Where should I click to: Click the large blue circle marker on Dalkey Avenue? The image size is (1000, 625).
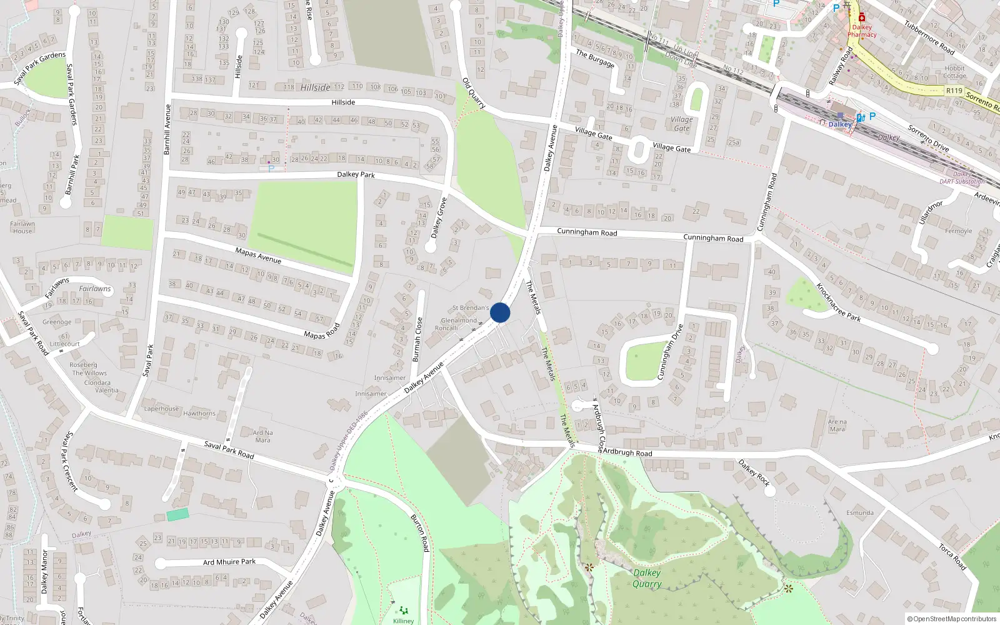(x=500, y=312)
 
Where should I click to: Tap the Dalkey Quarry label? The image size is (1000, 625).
(x=647, y=578)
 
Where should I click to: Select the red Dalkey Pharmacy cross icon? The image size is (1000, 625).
(x=862, y=17)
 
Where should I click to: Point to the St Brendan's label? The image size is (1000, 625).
(x=471, y=308)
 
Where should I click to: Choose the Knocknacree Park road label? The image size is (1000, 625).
(x=838, y=302)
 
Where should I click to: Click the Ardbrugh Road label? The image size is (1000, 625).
(x=627, y=452)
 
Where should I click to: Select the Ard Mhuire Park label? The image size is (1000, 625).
(x=229, y=562)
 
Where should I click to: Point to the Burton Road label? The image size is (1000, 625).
(x=420, y=533)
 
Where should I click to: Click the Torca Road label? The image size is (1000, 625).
(x=952, y=557)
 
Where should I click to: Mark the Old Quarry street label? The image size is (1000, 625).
(x=474, y=93)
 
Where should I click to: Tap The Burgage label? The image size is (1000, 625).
(x=595, y=58)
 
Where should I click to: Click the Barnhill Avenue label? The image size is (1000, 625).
(x=167, y=130)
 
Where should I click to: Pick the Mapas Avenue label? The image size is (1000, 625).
(x=258, y=255)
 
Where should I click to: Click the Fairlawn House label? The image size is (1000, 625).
(x=22, y=227)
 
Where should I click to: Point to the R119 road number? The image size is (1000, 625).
(x=954, y=91)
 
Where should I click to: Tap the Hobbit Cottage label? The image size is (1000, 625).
(x=954, y=72)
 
